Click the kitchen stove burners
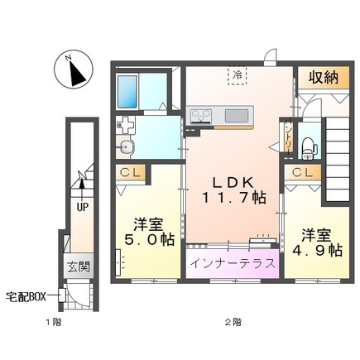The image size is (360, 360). (x=202, y=115)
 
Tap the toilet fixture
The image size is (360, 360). (x=310, y=143)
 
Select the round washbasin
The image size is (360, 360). (x=127, y=149)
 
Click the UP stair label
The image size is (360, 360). (x=84, y=209)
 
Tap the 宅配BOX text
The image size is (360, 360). (x=28, y=295)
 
